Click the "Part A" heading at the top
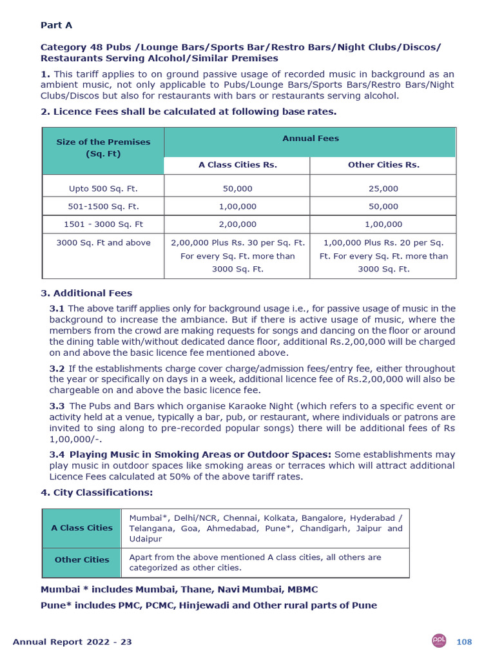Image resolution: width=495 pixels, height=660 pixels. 57,25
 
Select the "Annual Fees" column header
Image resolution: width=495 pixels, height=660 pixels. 310,139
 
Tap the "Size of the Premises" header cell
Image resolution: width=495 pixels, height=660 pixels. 103,148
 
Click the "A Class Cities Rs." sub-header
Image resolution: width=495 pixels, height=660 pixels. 237,165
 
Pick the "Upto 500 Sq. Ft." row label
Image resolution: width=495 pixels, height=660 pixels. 103,189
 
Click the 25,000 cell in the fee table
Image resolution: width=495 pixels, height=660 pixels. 383,189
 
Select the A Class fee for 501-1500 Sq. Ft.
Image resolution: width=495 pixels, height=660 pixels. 237,207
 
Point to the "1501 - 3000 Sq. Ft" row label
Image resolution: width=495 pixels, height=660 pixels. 103,224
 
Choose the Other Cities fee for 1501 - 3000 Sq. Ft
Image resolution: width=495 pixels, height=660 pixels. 383,224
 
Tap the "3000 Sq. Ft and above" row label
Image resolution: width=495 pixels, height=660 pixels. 103,243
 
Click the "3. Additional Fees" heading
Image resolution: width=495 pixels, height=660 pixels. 86,293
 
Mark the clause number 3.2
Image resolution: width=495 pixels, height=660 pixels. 57,369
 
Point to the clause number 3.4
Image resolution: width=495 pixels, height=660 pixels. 57,455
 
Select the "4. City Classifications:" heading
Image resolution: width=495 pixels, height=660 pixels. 97,492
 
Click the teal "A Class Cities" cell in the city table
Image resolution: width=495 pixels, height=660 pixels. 82,528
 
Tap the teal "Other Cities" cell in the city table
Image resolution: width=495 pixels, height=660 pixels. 82,560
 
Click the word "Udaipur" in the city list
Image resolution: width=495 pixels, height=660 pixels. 146,539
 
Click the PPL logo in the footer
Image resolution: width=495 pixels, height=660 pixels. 440,641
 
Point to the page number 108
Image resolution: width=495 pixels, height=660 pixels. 464,642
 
